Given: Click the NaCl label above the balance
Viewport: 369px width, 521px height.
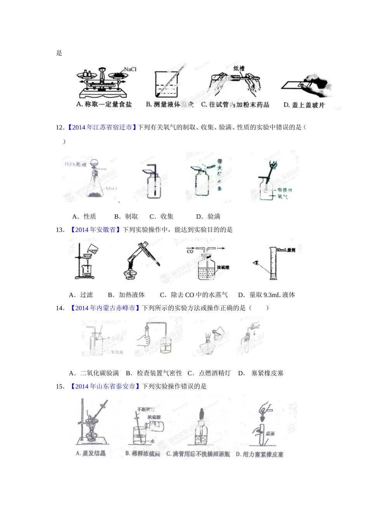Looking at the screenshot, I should pyautogui.click(x=130, y=69).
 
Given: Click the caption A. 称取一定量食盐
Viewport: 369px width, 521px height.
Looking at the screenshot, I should pyautogui.click(x=104, y=104).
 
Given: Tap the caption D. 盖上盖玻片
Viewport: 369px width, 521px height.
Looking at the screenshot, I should pyautogui.click(x=304, y=105).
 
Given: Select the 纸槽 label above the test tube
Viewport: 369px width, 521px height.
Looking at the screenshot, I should pyautogui.click(x=238, y=69).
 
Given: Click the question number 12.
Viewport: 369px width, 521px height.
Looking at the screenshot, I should pyautogui.click(x=60, y=127).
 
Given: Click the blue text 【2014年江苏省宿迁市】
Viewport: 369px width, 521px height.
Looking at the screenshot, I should pyautogui.click(x=102, y=127).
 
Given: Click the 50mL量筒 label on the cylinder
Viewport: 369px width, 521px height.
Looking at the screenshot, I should pyautogui.click(x=286, y=250).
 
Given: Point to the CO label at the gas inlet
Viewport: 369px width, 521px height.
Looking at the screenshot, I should pyautogui.click(x=190, y=252).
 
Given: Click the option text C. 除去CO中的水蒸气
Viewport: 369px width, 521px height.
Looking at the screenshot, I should pyautogui.click(x=194, y=295).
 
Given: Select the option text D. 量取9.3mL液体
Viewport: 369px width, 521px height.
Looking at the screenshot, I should pyautogui.click(x=266, y=295).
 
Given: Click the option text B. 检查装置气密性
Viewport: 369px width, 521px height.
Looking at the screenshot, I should pyautogui.click(x=154, y=373).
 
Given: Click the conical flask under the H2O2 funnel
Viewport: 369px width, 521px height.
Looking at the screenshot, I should pyautogui.click(x=94, y=186).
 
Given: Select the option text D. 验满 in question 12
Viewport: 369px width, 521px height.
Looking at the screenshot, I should pyautogui.click(x=208, y=217).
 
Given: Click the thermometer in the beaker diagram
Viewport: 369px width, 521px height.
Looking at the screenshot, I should pyautogui.click(x=171, y=81).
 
